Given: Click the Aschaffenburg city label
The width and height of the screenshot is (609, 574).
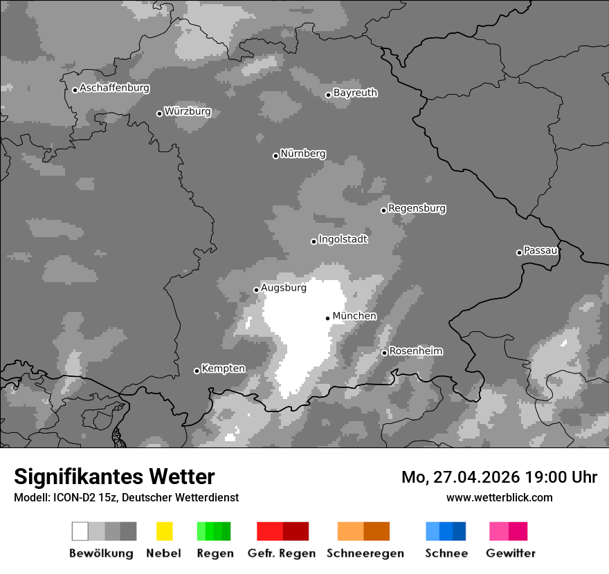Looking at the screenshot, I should (114, 89).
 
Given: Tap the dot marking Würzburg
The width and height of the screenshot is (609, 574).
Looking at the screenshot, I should (159, 113).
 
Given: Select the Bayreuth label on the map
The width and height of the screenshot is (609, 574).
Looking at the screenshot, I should (355, 93).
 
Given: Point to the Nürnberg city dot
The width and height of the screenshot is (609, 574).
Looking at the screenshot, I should (275, 156).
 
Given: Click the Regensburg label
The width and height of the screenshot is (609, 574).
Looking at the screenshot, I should (417, 208).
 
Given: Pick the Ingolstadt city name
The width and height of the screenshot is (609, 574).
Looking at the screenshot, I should (343, 240).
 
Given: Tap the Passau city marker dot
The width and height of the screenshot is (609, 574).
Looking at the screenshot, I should (519, 252).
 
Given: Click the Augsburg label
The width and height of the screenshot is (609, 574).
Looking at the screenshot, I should (283, 288).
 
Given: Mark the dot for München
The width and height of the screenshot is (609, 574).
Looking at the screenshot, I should (328, 318).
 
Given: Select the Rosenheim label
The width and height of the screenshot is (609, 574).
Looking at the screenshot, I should (415, 351).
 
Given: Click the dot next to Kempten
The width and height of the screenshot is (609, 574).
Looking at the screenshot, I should (197, 371).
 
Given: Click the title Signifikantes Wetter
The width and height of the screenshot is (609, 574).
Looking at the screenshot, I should (114, 476).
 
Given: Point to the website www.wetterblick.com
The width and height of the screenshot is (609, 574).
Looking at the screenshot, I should (499, 497).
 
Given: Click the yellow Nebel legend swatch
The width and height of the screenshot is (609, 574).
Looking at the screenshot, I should (164, 531).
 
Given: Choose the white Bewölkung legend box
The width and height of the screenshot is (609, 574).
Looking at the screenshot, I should (80, 531).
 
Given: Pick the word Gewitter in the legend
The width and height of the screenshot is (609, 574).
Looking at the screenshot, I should (510, 553).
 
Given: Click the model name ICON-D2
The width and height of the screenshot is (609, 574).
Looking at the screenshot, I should (70, 497).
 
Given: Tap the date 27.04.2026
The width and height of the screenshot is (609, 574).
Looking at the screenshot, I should (478, 477).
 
